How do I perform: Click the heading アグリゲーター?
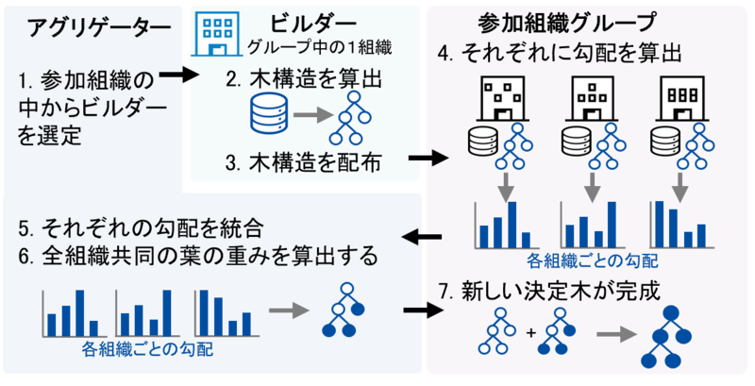99,28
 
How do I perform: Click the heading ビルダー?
313,23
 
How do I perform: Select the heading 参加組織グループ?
567,23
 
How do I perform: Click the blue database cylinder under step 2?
269,113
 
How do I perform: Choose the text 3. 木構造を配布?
304,162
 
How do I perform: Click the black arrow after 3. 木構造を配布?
428,158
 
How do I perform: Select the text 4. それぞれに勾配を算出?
560,54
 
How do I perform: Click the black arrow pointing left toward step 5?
422,236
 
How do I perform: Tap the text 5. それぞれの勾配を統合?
141,228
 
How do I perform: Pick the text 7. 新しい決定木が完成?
549,293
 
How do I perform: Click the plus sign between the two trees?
531,332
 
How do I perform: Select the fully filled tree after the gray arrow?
666,336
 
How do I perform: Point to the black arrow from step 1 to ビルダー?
178,76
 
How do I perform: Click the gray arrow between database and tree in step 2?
313,115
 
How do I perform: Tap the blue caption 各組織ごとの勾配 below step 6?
148,348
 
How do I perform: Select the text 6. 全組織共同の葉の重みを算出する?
198,257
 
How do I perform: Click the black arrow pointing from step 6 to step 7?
423,310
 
